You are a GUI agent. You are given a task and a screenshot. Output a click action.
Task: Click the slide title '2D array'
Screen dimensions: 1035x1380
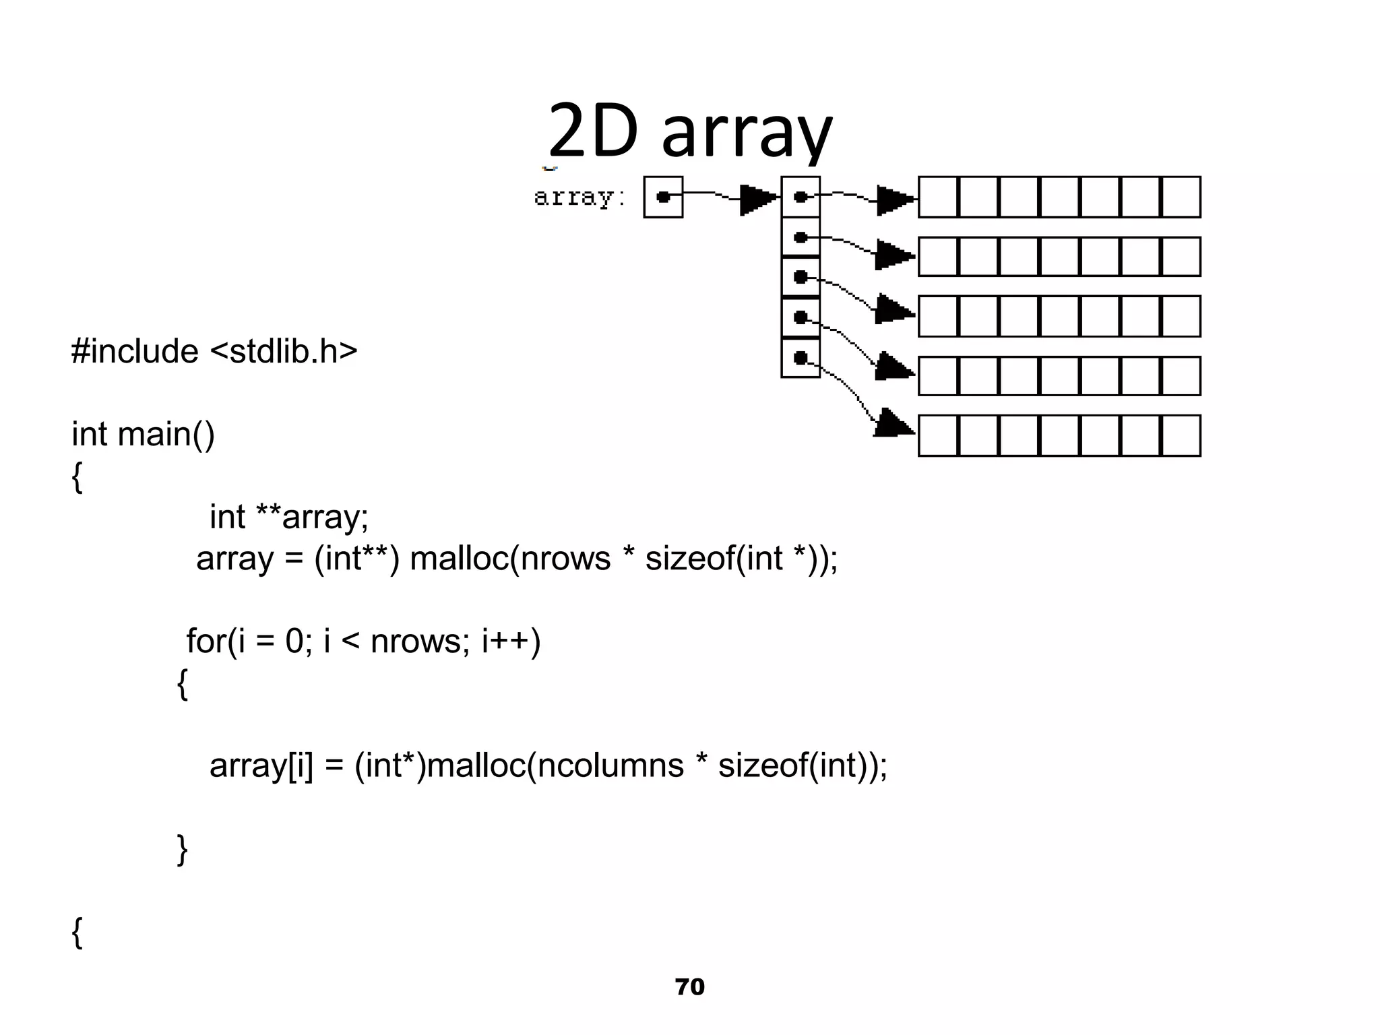pos(690,131)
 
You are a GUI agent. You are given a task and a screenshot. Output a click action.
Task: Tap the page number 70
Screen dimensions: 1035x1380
pos(689,986)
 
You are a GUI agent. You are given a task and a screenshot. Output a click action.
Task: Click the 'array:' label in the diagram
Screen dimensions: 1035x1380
pos(579,197)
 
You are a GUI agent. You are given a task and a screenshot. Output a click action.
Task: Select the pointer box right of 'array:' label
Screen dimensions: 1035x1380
pos(663,197)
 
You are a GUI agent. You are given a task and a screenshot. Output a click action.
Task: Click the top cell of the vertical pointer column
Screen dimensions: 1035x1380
pos(801,197)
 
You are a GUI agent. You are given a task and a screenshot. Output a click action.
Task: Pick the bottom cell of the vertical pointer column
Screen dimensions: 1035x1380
pos(801,358)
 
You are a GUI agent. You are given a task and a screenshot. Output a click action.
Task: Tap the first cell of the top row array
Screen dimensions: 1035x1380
pos(938,197)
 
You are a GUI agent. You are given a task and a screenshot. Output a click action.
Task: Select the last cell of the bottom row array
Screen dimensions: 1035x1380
pos(1181,436)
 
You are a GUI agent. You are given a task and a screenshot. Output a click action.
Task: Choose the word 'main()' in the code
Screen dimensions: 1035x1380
pos(166,433)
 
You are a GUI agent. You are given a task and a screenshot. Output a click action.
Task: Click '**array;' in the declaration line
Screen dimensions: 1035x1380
pos(311,517)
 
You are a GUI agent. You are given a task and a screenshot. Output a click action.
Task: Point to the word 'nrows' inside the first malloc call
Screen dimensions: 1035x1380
pos(565,559)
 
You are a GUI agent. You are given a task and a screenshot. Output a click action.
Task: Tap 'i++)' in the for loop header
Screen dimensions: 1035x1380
pos(511,641)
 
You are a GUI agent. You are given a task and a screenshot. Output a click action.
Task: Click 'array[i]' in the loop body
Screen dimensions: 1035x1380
pos(261,765)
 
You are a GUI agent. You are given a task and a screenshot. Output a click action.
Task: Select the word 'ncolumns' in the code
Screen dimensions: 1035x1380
pos(610,765)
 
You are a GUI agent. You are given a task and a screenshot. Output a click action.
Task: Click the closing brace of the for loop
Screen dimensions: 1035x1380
pos(182,849)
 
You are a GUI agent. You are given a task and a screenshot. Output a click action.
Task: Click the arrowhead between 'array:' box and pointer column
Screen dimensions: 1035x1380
pos(757,199)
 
